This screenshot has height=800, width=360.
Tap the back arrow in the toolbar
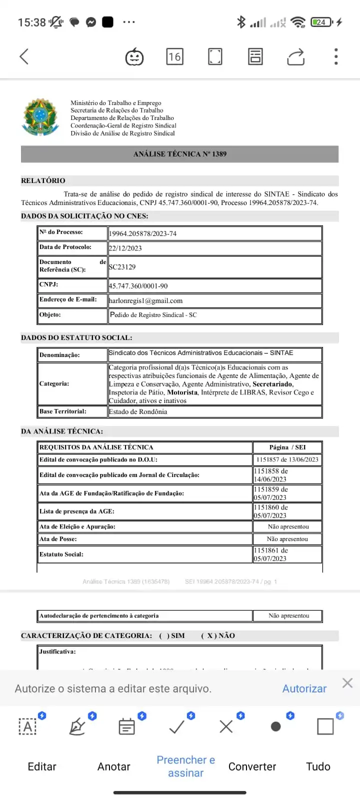coord(24,56)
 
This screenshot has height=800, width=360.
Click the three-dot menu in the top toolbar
coord(336,56)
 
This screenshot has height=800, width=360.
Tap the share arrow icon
coord(295,56)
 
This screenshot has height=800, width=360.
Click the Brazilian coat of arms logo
coord(41,117)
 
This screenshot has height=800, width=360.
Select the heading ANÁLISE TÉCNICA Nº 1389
coord(179,154)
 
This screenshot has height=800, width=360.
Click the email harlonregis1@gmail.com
coord(146,301)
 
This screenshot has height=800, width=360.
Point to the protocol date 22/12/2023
coord(125,248)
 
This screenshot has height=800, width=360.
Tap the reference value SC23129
coord(122,267)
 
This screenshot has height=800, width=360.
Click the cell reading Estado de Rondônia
coord(138,412)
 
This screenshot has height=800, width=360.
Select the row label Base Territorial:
coord(63,411)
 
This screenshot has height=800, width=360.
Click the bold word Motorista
coord(182,392)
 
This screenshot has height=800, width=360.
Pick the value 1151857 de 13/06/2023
coord(287,459)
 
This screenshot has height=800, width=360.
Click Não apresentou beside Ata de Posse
coord(287,539)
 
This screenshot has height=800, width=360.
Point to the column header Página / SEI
coord(287,447)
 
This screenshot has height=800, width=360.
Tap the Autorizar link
coord(304,688)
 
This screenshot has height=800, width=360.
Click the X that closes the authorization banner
coord(347,683)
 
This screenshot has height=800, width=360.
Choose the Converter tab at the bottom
coord(252,766)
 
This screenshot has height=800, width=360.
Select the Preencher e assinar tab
coord(185,766)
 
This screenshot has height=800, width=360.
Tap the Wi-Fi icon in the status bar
coord(298,22)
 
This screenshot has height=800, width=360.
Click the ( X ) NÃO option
coord(218,636)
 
